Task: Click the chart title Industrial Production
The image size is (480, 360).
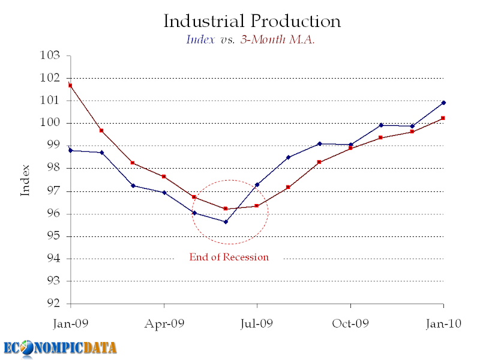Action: (252, 22)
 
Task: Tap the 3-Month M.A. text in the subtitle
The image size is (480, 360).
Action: (283, 40)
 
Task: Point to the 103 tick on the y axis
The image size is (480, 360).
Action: (52, 56)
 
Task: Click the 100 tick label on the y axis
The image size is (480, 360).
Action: (52, 123)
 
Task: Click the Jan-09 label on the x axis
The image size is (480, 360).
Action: (70, 323)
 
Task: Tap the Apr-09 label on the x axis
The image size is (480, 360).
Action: (164, 323)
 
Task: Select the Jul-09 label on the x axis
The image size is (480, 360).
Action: (257, 323)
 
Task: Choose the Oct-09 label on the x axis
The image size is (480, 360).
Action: (350, 323)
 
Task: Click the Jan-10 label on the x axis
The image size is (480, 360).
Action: (443, 323)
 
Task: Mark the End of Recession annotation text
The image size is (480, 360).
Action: (229, 257)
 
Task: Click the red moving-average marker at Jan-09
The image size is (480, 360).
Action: (70, 85)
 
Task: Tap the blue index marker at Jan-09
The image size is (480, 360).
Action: (70, 150)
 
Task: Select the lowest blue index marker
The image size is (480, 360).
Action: (226, 221)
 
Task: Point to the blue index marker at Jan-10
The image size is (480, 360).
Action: (443, 103)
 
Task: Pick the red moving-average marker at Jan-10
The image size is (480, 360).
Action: (443, 118)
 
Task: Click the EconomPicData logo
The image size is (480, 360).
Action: (60, 347)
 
